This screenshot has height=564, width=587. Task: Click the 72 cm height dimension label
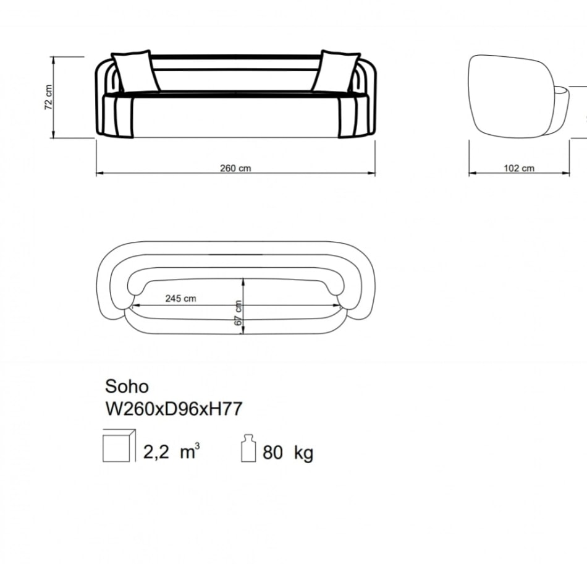49,96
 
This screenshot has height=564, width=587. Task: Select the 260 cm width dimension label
235,168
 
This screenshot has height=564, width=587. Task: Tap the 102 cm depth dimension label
519,168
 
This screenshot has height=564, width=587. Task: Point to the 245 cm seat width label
180,298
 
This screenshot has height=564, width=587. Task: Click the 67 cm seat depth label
238,313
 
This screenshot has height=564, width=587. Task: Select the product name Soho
127,387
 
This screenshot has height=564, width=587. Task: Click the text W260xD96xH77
174,409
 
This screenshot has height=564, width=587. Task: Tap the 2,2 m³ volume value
171,451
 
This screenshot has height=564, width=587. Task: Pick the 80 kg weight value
288,452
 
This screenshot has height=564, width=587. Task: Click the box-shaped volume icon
119,446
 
